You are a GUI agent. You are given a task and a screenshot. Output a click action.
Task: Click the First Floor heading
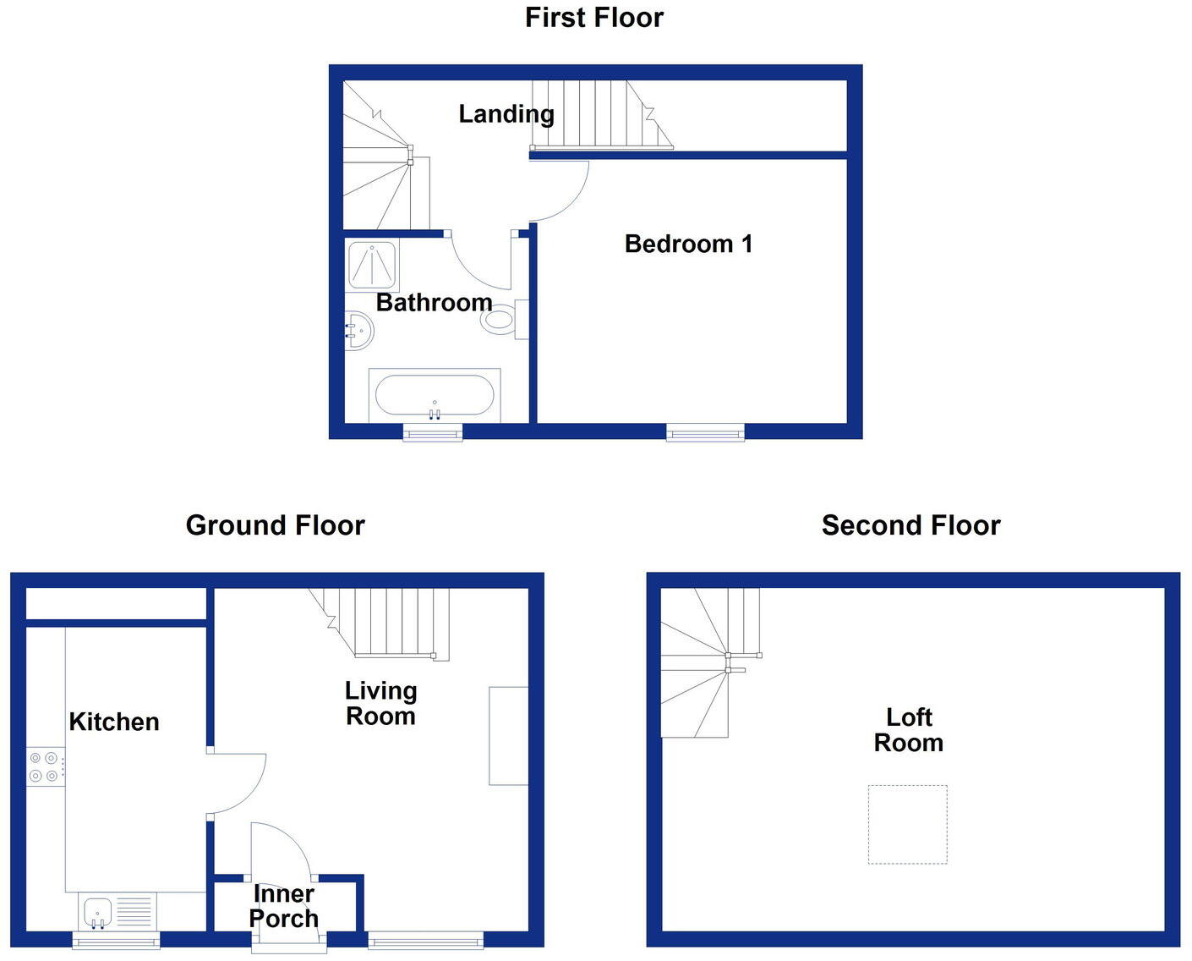click(x=594, y=18)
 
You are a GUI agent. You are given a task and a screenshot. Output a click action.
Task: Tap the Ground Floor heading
click(x=275, y=525)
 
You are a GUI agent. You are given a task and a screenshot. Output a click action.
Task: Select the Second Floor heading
click(x=910, y=525)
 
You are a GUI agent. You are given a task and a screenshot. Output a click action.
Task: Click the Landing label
click(x=506, y=113)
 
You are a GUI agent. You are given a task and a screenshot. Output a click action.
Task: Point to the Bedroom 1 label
click(x=688, y=244)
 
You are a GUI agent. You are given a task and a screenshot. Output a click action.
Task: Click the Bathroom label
click(x=434, y=302)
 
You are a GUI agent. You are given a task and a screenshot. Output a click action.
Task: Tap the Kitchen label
click(x=114, y=722)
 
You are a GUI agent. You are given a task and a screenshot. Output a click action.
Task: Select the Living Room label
click(x=380, y=703)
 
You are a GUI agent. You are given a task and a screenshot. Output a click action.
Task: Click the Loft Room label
click(x=909, y=729)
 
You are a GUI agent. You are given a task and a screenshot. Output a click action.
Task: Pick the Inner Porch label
click(x=284, y=906)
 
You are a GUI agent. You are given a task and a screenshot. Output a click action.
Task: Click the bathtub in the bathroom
click(x=435, y=395)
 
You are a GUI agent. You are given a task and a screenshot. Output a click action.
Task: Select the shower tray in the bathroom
click(x=372, y=265)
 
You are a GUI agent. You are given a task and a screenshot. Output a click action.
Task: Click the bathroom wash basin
click(x=359, y=330)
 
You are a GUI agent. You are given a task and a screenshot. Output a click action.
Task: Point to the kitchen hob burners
click(x=45, y=766)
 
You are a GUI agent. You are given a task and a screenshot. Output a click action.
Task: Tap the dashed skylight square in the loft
click(x=907, y=824)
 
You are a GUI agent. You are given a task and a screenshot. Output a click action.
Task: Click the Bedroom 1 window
click(x=705, y=432)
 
